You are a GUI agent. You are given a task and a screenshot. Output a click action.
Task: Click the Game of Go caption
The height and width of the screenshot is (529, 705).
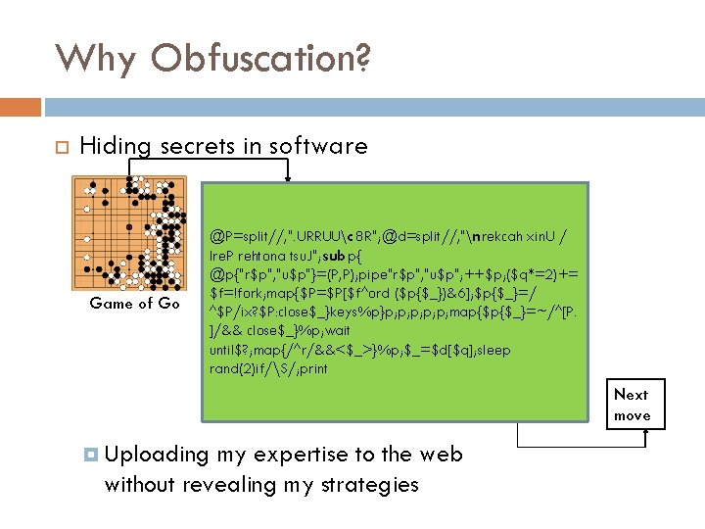tap(134, 304)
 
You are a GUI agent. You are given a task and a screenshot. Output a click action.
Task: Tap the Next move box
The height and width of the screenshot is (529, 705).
tap(633, 405)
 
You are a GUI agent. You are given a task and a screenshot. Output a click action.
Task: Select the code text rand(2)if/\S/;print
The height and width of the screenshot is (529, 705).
tap(269, 368)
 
